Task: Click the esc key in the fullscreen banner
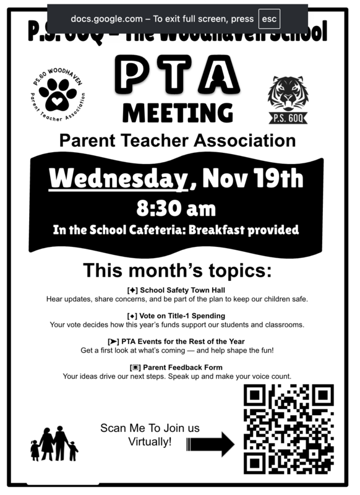pyautogui.click(x=269, y=19)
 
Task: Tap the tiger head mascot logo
pyautogui.click(x=286, y=93)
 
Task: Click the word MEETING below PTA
pyautogui.click(x=178, y=113)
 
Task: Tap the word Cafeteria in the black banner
pyautogui.click(x=152, y=230)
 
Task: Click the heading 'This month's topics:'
pyautogui.click(x=178, y=270)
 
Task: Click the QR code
pyautogui.click(x=288, y=429)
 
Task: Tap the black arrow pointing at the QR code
pyautogui.click(x=210, y=444)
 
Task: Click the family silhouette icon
pyautogui.click(x=54, y=444)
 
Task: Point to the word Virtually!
pyautogui.click(x=150, y=442)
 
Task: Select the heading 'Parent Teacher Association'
pyautogui.click(x=178, y=140)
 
